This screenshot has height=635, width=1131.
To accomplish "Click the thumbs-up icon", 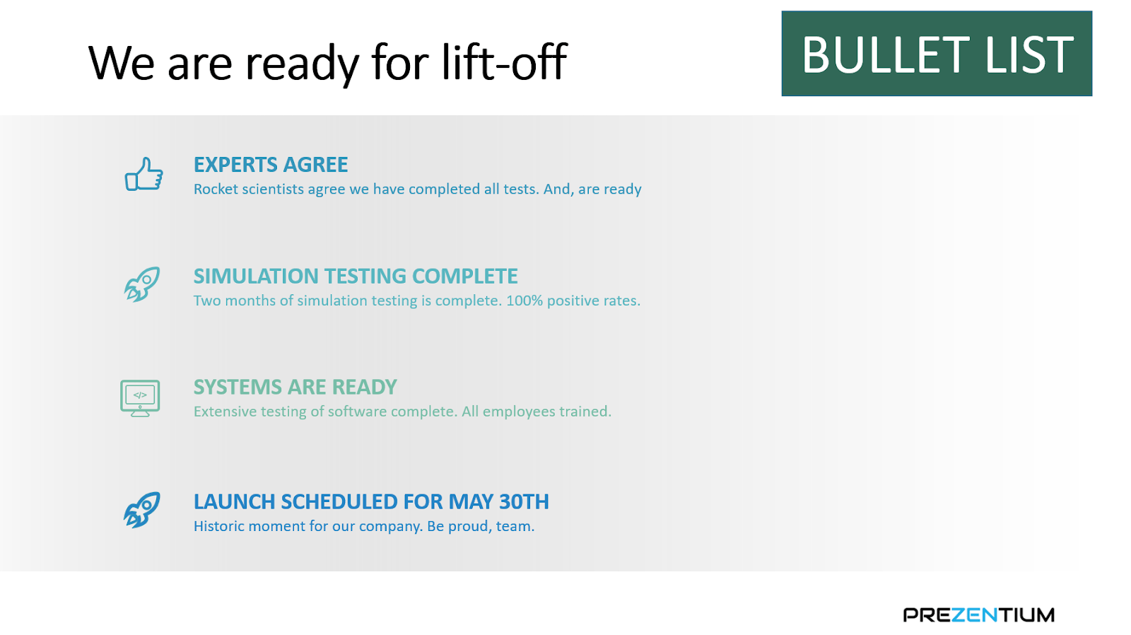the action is (x=144, y=174).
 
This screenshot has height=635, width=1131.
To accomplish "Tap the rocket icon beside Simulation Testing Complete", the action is (x=142, y=284).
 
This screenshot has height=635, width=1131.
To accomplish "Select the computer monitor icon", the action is (x=140, y=398).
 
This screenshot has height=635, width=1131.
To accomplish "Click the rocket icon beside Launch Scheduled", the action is (x=142, y=510).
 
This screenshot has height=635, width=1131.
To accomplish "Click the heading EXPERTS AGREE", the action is (x=271, y=165).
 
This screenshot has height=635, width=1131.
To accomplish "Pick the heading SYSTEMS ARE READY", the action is (x=295, y=387).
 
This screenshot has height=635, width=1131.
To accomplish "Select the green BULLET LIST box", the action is (x=937, y=54).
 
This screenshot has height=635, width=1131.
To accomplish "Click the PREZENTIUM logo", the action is (x=978, y=614).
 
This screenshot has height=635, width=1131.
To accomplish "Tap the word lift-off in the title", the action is (x=505, y=62).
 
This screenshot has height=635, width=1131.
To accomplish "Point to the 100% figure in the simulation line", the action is (x=525, y=301).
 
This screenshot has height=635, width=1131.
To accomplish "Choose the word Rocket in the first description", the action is (x=216, y=189).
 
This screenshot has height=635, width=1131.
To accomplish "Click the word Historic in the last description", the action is (x=219, y=526).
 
